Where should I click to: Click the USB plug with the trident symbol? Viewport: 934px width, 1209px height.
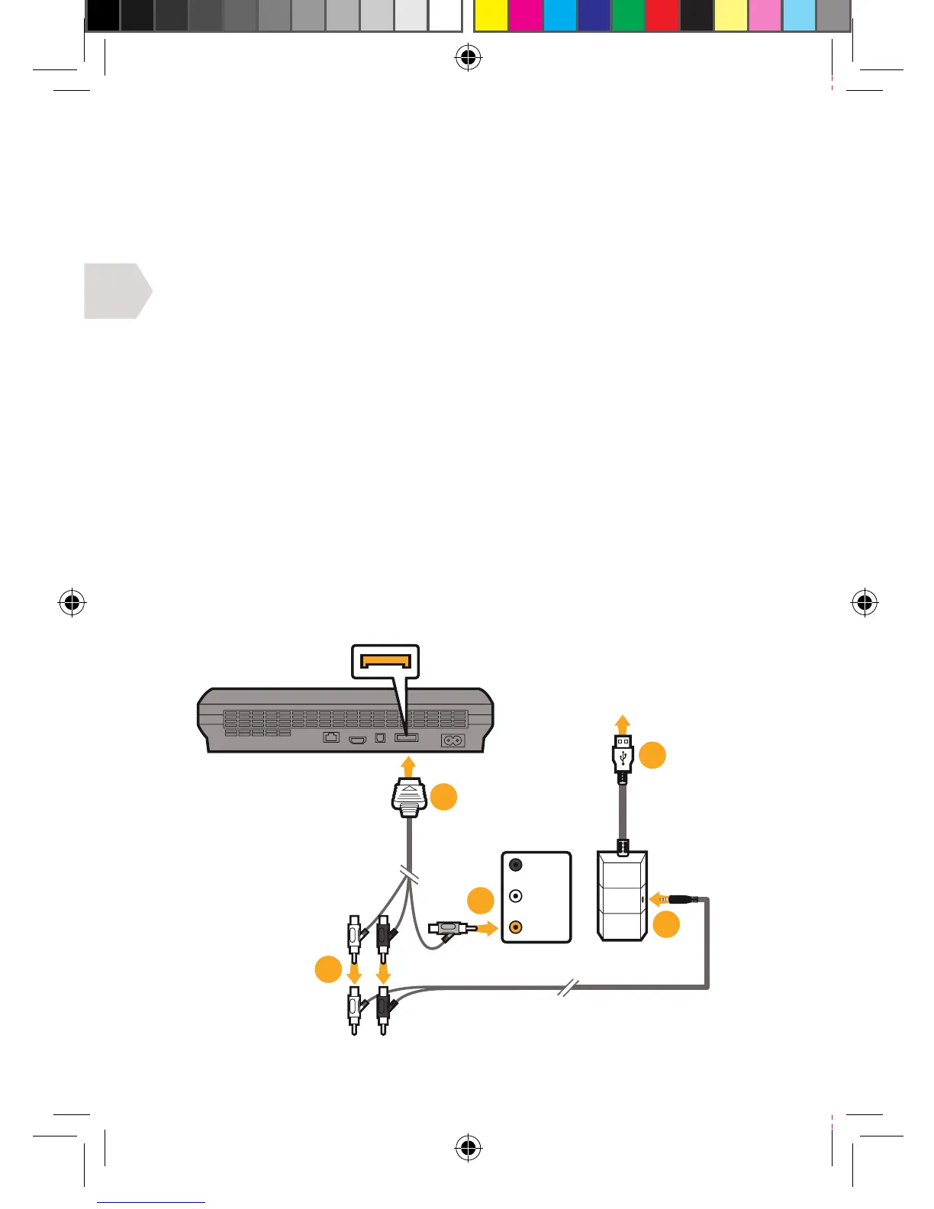(x=623, y=754)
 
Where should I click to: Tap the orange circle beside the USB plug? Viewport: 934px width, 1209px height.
(x=652, y=755)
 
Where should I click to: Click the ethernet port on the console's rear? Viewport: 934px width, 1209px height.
(x=331, y=737)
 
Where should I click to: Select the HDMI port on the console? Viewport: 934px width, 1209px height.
(x=358, y=739)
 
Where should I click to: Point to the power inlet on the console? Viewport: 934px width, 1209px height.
(x=453, y=740)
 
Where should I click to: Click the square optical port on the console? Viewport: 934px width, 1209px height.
(x=381, y=738)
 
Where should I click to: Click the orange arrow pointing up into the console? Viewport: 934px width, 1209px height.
(x=408, y=766)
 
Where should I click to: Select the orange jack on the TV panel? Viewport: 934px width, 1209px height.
(x=516, y=927)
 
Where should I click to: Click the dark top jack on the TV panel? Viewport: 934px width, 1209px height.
(x=516, y=865)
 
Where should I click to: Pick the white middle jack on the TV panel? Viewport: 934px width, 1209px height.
(x=516, y=896)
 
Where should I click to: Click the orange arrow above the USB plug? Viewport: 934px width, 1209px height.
(x=623, y=724)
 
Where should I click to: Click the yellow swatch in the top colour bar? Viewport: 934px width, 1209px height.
(x=491, y=15)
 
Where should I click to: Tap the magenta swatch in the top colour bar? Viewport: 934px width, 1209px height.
(x=525, y=15)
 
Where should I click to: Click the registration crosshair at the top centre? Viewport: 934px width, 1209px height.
(x=468, y=58)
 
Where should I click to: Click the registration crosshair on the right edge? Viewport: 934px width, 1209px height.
(x=864, y=603)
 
